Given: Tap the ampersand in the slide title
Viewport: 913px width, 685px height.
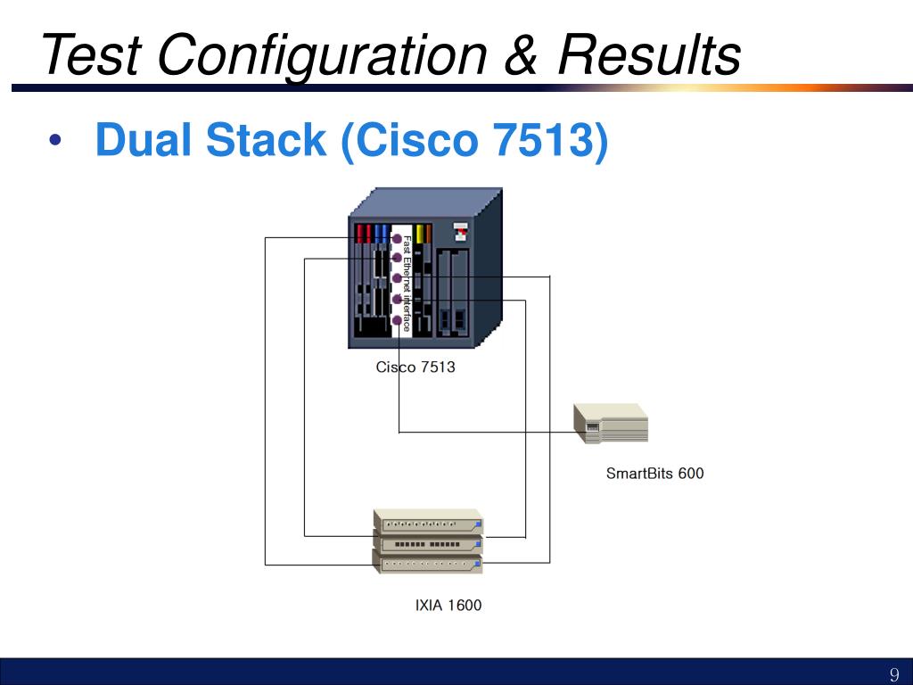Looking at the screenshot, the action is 521,54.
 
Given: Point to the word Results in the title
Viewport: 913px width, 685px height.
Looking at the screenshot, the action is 649,54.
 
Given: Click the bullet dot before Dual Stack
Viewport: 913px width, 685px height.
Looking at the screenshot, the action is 55,140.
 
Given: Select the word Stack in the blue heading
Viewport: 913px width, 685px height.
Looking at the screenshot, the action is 266,140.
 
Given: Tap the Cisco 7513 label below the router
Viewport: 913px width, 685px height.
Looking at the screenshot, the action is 415,367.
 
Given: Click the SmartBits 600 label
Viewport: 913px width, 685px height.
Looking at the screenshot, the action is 655,473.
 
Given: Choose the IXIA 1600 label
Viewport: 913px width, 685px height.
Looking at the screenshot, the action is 448,606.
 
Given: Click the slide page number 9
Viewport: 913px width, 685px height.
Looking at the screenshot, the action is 895,674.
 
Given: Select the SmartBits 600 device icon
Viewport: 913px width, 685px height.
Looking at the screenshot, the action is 611,424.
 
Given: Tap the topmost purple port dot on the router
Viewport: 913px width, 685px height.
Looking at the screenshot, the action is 397,239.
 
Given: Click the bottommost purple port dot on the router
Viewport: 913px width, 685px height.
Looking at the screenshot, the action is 397,320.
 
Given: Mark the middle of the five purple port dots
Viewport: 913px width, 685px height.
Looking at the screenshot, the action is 397,278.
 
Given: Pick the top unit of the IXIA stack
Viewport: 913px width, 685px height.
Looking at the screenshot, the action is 428,522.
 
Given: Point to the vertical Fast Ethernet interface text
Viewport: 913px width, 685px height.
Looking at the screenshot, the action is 407,284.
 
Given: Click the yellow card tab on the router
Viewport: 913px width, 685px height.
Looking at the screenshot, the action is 420,235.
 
